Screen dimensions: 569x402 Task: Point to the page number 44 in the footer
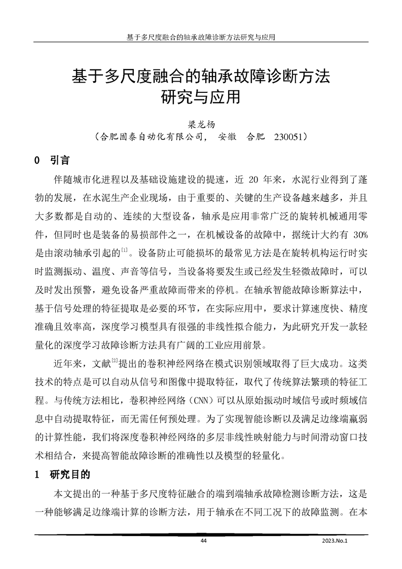204,541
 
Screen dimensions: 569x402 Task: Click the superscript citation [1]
124,248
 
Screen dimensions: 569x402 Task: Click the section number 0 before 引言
36,161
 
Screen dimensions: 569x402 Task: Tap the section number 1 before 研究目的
36,476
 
